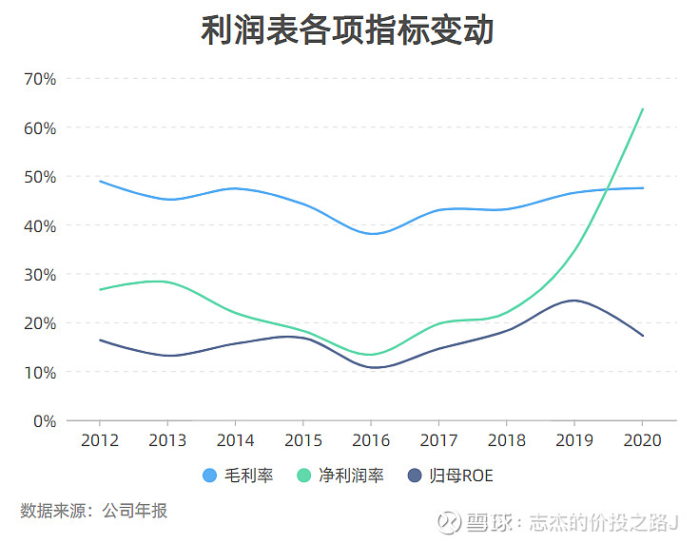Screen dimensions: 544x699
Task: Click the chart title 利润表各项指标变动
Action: tap(348, 31)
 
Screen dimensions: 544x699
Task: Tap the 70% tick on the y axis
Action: tap(39, 79)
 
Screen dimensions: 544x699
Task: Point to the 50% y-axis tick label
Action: tap(39, 177)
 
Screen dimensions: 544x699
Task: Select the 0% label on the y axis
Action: tap(44, 421)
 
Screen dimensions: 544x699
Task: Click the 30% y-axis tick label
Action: tap(39, 275)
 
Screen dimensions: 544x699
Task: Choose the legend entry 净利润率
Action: tap(354, 476)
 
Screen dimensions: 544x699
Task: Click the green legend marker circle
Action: tap(306, 476)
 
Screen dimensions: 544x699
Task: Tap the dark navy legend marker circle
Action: tap(415, 476)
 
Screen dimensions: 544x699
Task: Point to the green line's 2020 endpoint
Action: tap(643, 108)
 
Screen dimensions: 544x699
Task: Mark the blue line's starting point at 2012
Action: tap(99, 181)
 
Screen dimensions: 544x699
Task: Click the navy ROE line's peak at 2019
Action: tap(574, 301)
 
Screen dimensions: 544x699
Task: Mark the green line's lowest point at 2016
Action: tap(371, 355)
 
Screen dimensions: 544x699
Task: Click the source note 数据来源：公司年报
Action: tap(94, 511)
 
